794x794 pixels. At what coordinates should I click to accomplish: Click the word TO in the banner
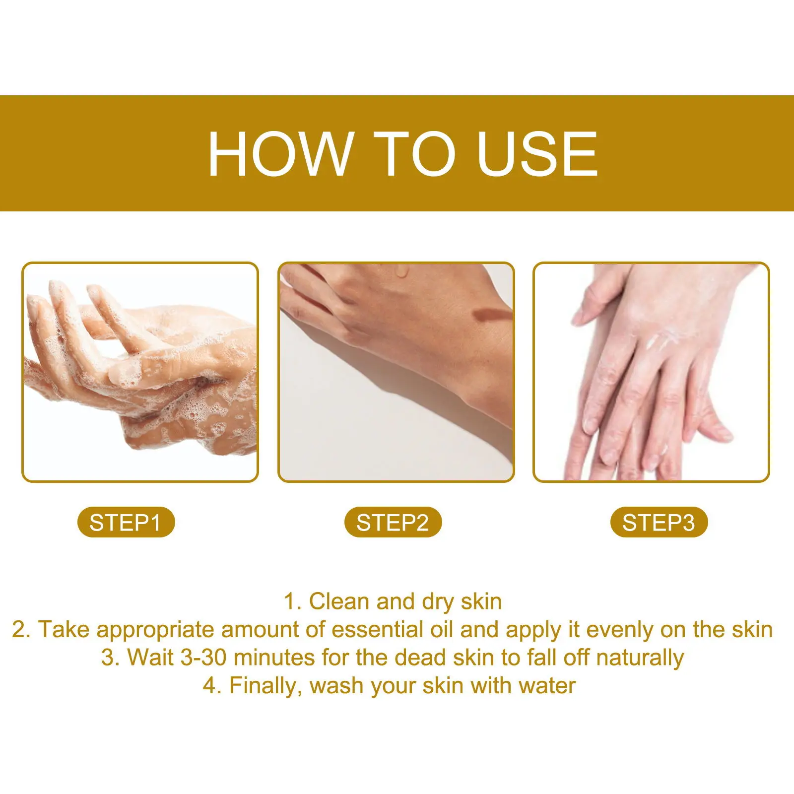(414, 154)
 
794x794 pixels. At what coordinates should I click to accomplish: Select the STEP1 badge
(126, 523)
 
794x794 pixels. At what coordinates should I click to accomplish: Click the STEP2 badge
(393, 523)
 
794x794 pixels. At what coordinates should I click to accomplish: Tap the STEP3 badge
(659, 523)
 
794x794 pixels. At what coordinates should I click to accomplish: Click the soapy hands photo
(140, 372)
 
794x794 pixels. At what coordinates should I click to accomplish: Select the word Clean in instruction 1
(339, 601)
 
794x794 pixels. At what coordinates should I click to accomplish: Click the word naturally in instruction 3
(640, 658)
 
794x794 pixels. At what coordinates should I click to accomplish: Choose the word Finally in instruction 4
(265, 686)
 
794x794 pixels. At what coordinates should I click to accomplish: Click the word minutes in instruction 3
(274, 658)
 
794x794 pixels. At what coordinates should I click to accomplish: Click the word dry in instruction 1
(438, 601)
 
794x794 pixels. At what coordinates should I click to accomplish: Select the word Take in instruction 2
(65, 630)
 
